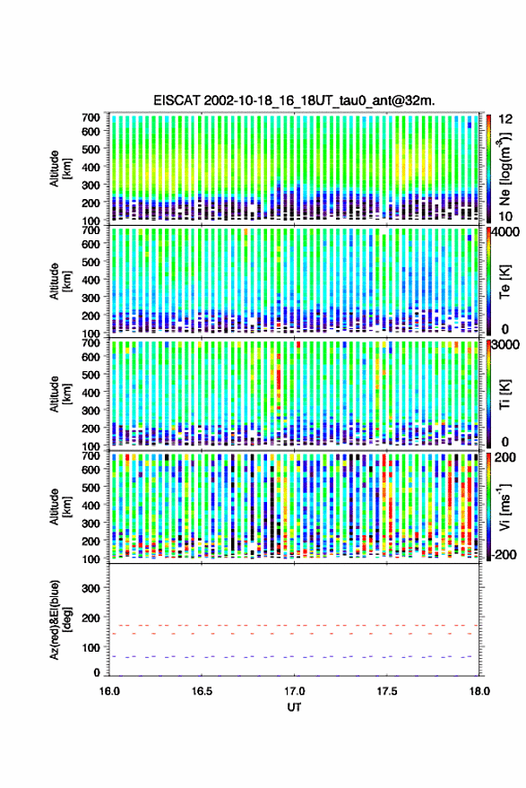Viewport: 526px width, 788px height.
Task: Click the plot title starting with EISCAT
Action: click(295, 100)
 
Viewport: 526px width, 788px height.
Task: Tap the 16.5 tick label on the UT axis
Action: click(202, 691)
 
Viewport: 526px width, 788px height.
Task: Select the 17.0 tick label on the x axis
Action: click(295, 691)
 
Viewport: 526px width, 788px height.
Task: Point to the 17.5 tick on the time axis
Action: click(387, 691)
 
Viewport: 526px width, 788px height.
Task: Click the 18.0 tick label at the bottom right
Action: click(479, 691)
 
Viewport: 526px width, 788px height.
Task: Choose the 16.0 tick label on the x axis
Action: click(109, 691)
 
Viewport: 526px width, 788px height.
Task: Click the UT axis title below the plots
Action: click(294, 707)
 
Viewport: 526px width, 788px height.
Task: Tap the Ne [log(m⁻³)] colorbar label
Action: click(505, 169)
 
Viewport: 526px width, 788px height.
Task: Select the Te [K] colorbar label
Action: click(504, 281)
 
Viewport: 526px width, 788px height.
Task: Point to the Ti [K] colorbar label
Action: click(504, 394)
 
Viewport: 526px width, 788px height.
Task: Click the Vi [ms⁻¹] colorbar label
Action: click(505, 507)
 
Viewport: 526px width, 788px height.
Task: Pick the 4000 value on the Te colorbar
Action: click(506, 232)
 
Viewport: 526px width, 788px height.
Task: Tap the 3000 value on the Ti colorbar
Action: click(506, 345)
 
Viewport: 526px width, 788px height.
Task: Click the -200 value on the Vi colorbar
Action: click(504, 555)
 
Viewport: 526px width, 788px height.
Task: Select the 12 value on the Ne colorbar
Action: click(505, 119)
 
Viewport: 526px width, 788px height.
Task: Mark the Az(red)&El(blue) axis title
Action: click(59, 619)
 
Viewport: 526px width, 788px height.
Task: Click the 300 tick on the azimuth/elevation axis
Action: click(91, 588)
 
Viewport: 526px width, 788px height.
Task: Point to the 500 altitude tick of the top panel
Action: click(91, 149)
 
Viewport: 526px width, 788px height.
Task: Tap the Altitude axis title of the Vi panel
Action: click(59, 507)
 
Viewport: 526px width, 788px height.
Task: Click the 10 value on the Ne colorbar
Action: click(505, 217)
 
